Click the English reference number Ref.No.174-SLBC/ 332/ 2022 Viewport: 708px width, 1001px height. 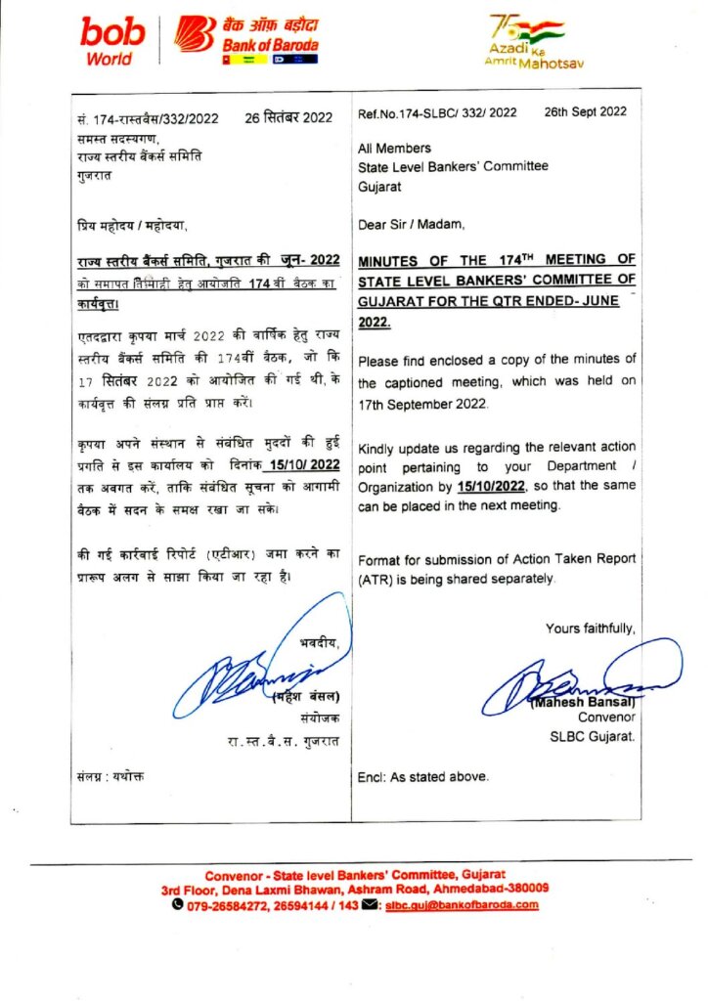437,112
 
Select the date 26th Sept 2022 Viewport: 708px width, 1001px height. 585,111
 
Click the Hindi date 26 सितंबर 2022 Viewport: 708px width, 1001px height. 288,118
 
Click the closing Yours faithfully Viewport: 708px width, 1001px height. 590,629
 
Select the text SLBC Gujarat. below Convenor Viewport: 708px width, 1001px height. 593,736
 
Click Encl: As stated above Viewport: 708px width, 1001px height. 423,777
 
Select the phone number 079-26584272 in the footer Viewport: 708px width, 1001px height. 219,905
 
